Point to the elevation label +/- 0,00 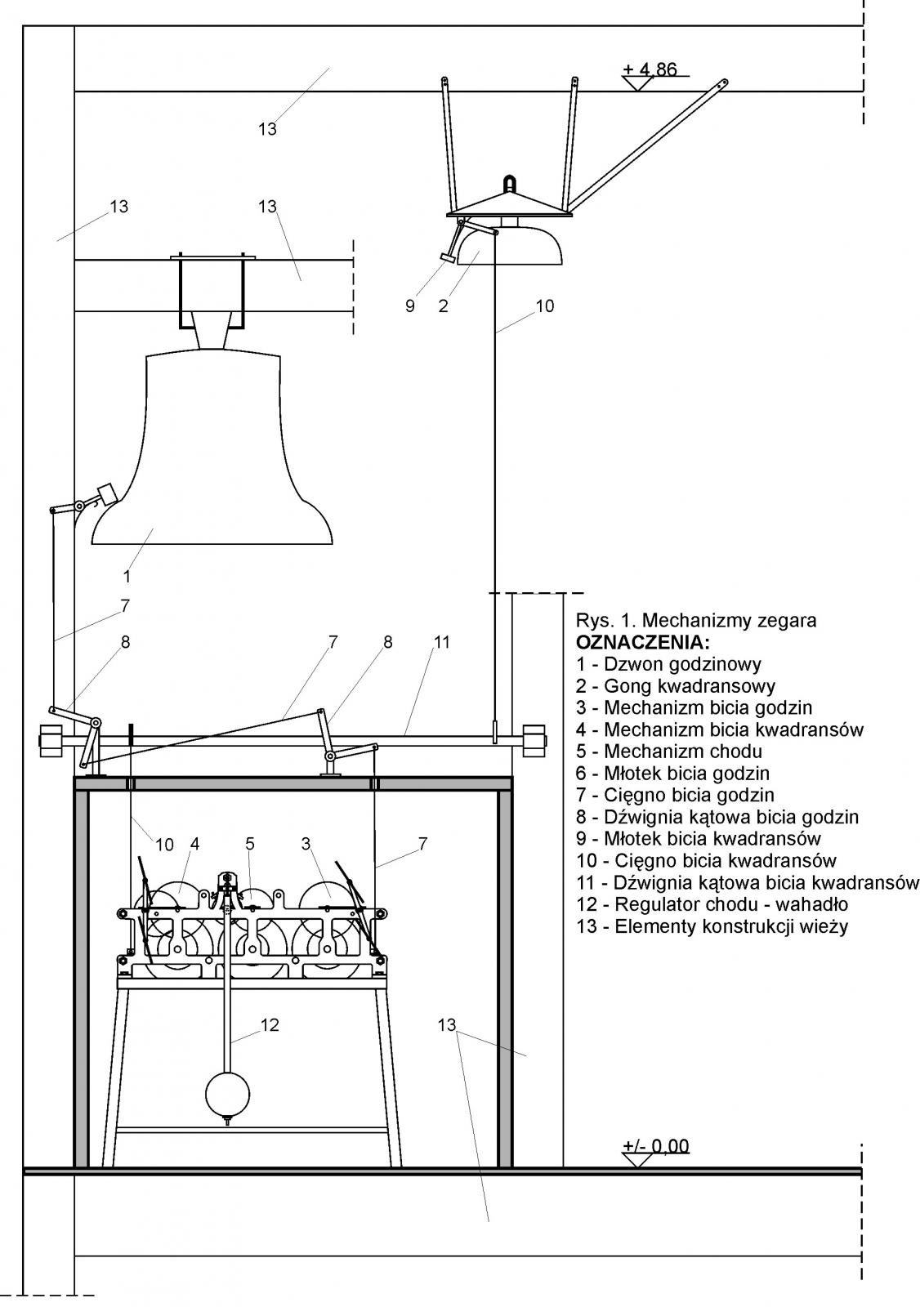point(656,1146)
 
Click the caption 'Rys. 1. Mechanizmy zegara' point(696,620)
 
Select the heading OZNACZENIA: point(643,641)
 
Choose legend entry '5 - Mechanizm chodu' point(669,751)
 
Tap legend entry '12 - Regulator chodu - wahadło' point(712,904)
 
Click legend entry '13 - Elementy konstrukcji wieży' point(712,926)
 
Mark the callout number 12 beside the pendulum point(270,1024)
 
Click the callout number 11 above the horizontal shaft point(441,642)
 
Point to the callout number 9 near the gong point(410,306)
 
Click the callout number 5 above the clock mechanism point(250,843)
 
